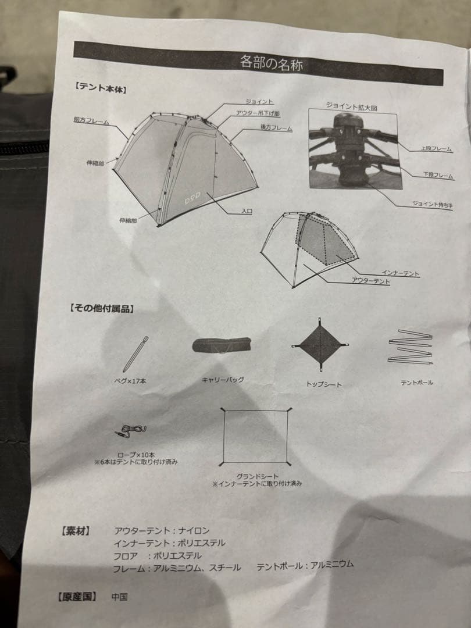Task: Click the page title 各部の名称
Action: (x=272, y=63)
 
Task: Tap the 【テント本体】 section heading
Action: (x=100, y=89)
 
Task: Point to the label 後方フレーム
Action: (x=276, y=128)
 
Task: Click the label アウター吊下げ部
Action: (x=258, y=113)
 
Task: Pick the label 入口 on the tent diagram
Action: (x=247, y=212)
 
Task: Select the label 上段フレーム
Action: (x=436, y=149)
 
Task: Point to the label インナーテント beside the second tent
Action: (x=401, y=273)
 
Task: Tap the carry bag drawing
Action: (x=222, y=346)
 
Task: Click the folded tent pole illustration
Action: (x=411, y=347)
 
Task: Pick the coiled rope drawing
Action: (x=132, y=431)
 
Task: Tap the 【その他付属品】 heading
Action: (x=102, y=308)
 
